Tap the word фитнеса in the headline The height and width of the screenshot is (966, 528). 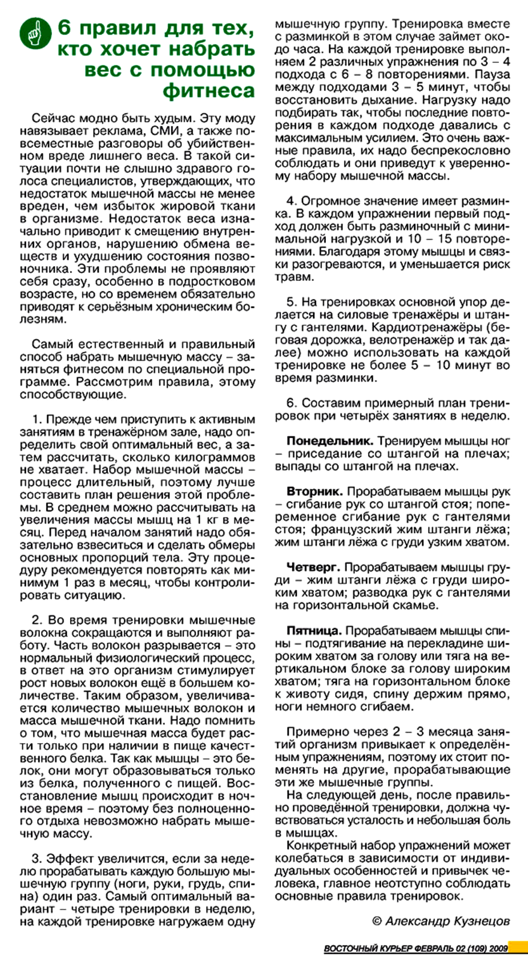tap(209, 91)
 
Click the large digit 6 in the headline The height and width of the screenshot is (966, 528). tap(65, 28)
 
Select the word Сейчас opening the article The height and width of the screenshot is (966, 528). tap(53, 118)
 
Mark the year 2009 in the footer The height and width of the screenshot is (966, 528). tap(498, 948)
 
